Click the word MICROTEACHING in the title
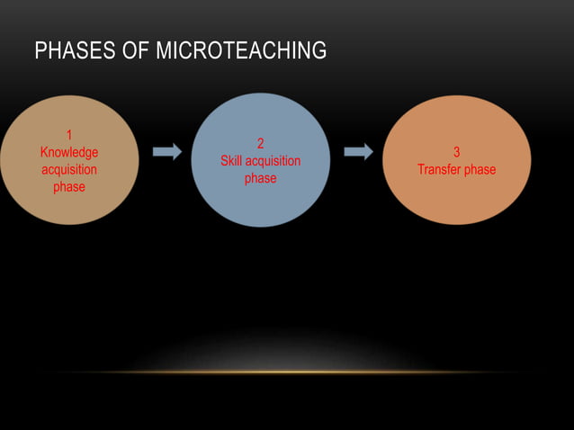(x=241, y=51)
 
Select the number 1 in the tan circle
(x=69, y=136)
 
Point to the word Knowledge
(x=69, y=153)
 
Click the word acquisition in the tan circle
(x=69, y=170)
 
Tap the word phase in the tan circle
(x=69, y=187)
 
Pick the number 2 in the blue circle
(x=261, y=144)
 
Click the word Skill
(x=235, y=161)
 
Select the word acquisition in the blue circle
(x=275, y=161)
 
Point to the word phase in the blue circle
(x=261, y=178)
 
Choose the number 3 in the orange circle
(x=456, y=153)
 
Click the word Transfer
(x=439, y=170)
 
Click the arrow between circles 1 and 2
(x=166, y=152)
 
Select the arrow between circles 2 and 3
(x=358, y=152)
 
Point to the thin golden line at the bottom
(x=287, y=372)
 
